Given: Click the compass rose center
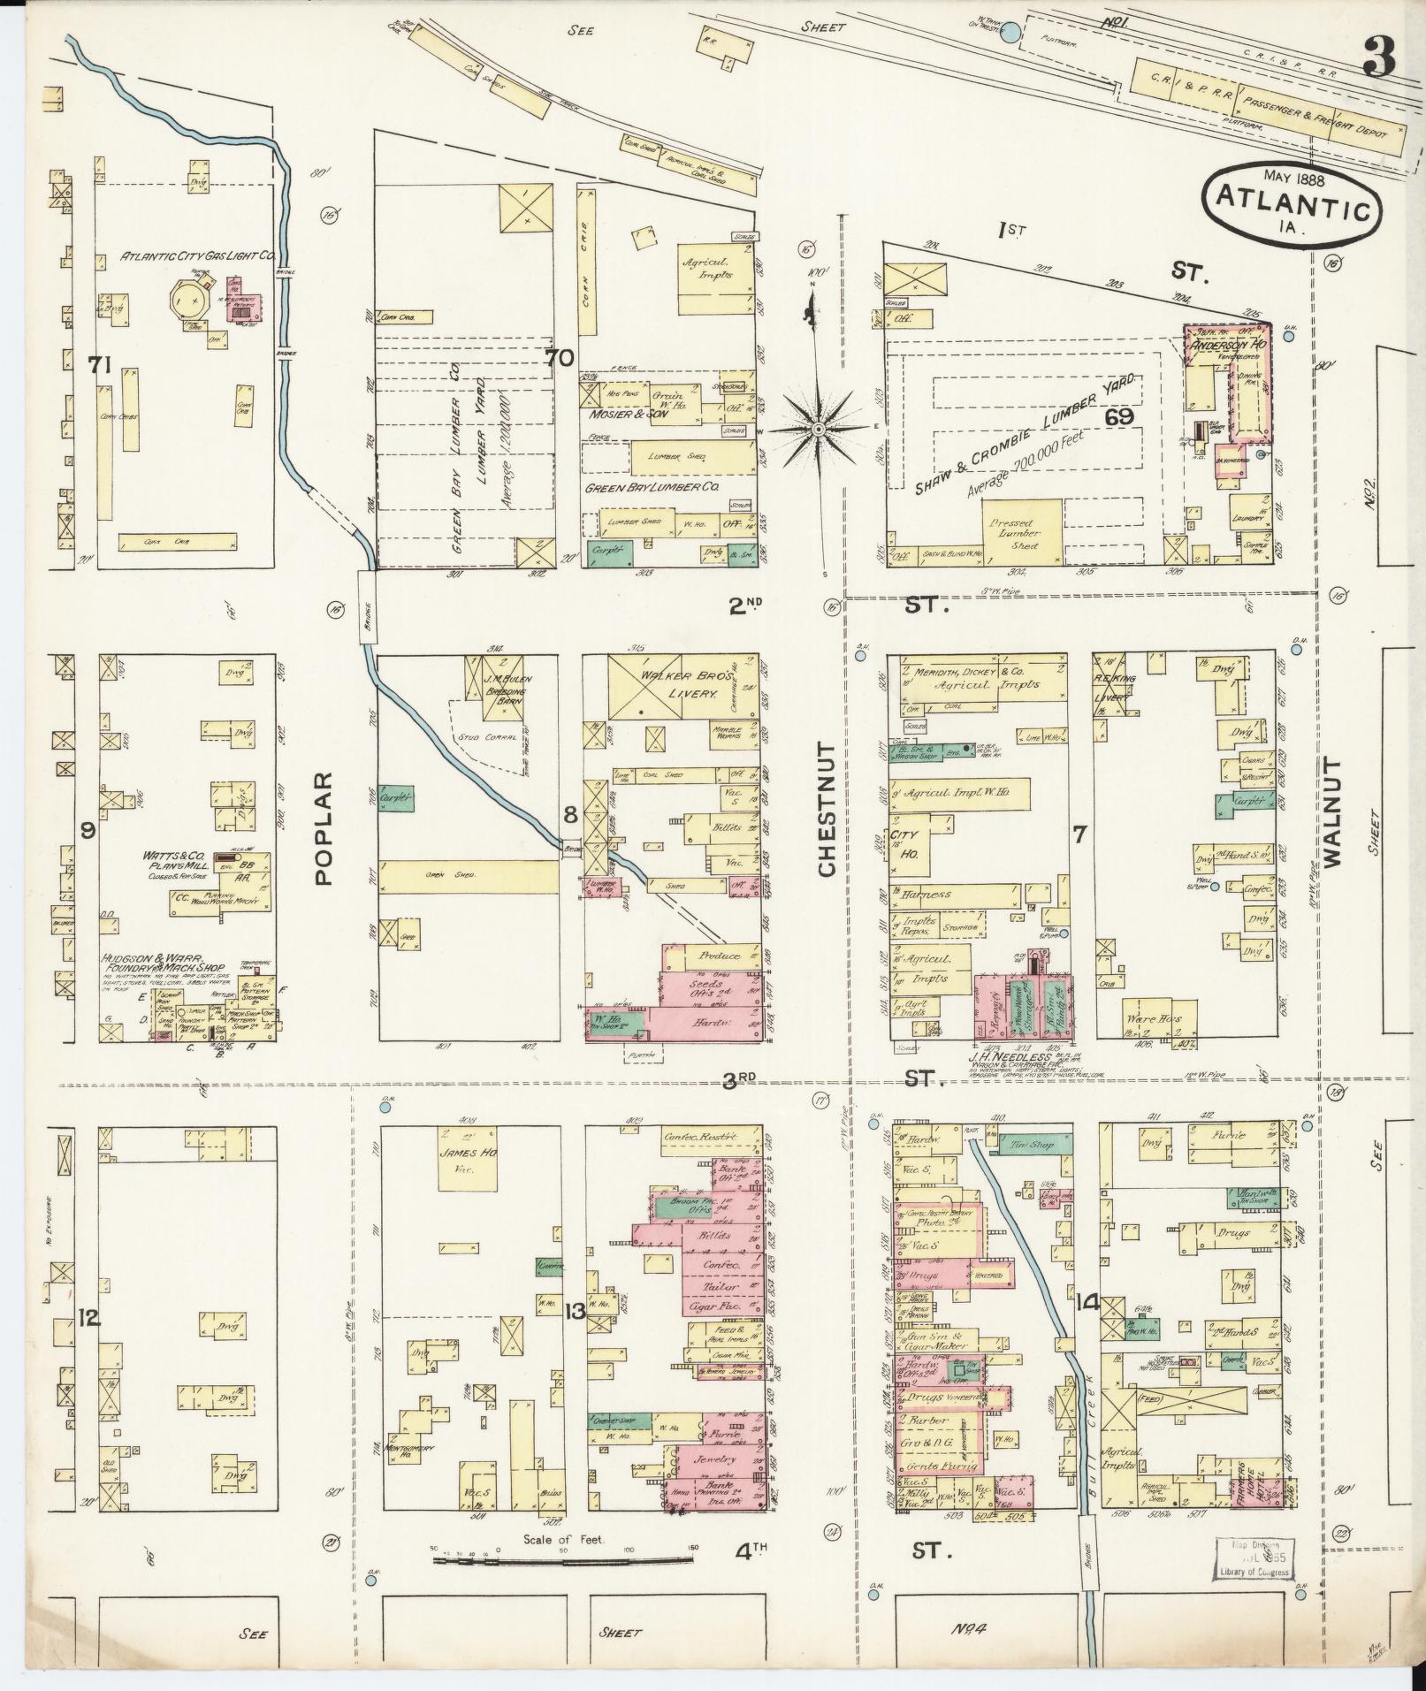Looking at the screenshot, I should [x=819, y=430].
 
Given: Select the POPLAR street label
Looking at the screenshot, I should [x=323, y=828].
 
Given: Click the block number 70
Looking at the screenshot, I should [x=559, y=358].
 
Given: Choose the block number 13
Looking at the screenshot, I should [x=575, y=1312].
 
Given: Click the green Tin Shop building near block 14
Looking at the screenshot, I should [x=1028, y=1144].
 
